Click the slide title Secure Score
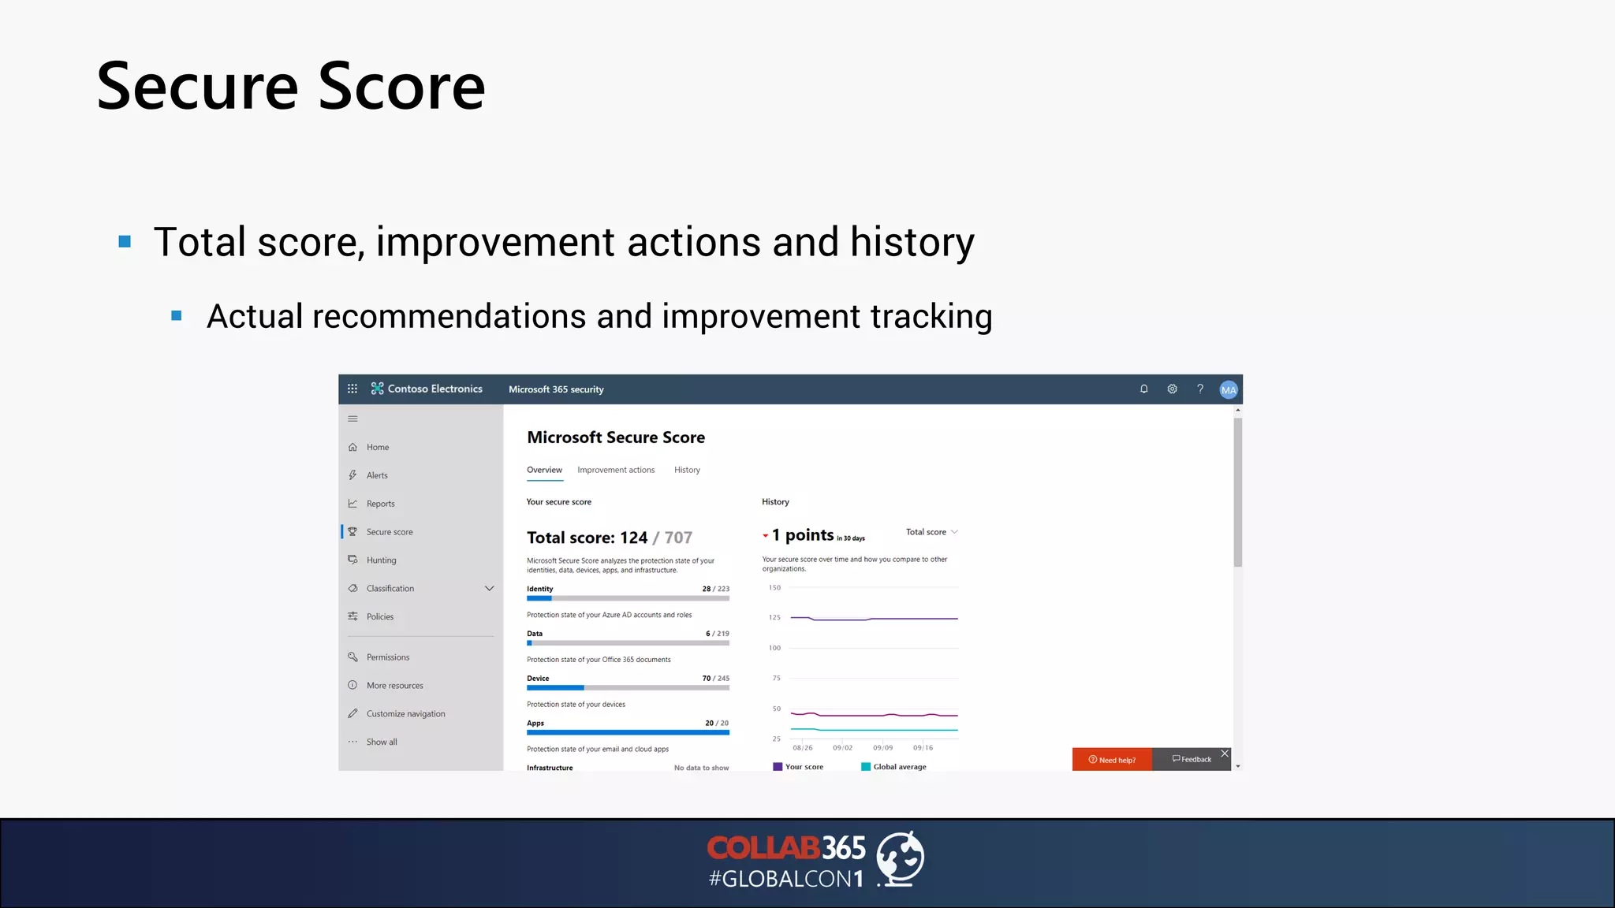pos(290,87)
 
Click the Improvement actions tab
pos(616,470)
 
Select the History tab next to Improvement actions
pos(687,470)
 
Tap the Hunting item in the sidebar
pos(381,560)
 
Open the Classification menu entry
pos(390,589)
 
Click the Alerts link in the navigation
pos(377,475)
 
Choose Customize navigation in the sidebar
pos(405,714)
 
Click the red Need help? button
pos(1112,760)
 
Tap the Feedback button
pos(1192,760)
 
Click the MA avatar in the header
pos(1228,389)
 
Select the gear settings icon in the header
pos(1172,389)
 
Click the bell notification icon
pos(1143,389)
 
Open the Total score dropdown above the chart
pos(931,532)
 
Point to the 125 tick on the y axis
pos(774,618)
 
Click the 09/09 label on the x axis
pos(882,748)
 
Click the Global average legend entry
pos(899,767)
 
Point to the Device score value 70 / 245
pos(715,679)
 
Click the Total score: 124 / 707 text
pos(609,538)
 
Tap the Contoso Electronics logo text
pos(435,389)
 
